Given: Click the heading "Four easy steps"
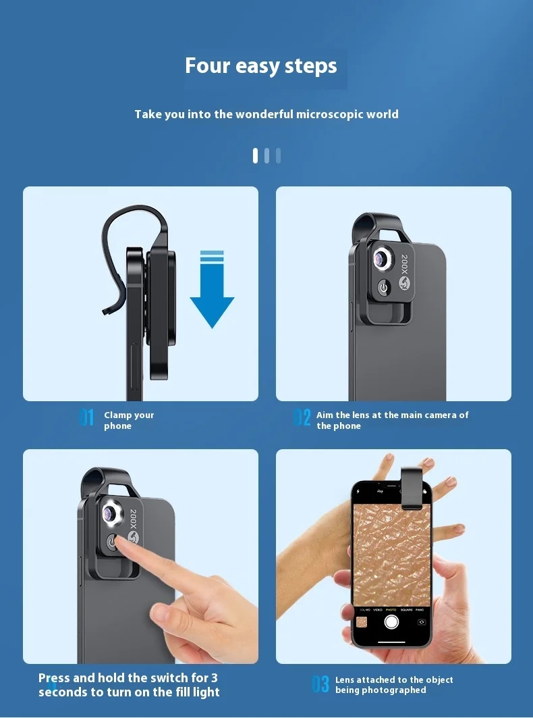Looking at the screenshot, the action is click(261, 66).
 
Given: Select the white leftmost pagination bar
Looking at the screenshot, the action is click(255, 155).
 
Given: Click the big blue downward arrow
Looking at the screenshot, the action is click(213, 289).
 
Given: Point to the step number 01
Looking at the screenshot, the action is click(86, 417).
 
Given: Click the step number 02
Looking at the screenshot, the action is click(302, 417).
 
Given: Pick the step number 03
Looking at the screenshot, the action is click(320, 684).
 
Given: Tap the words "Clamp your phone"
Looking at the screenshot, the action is click(129, 420).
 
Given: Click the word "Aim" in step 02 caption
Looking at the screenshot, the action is click(325, 415).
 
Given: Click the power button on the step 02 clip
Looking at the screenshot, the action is click(383, 288).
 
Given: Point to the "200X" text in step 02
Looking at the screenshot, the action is click(404, 264).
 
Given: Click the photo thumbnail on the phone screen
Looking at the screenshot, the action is click(362, 622).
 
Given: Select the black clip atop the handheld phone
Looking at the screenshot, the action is click(412, 488).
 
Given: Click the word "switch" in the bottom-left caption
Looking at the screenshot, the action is click(150, 677).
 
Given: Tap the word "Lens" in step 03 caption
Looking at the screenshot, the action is click(345, 680).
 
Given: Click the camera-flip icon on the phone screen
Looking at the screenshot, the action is click(422, 622).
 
